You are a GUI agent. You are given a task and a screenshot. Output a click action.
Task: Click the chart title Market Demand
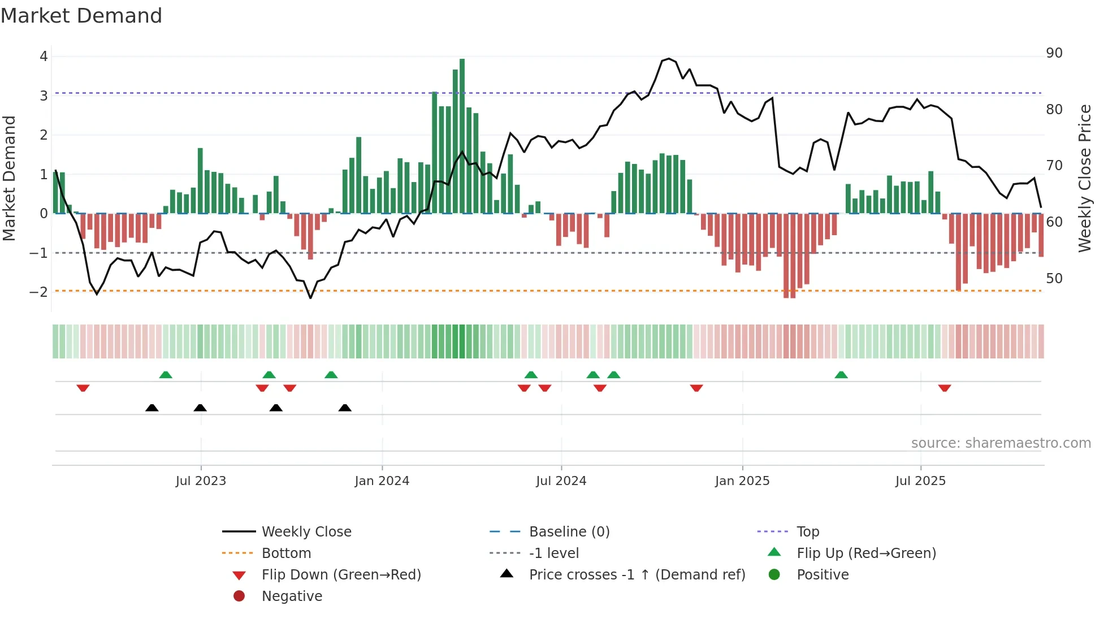pos(81,16)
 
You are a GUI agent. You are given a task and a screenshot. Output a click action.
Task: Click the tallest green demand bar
pos(462,136)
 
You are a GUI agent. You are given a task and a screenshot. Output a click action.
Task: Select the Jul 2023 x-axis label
pos(201,481)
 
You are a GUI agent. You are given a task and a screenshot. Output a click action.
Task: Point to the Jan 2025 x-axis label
pos(742,481)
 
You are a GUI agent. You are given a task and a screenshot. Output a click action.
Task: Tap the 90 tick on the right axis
pos(1054,53)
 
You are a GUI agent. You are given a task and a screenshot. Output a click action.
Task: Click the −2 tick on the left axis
pos(38,292)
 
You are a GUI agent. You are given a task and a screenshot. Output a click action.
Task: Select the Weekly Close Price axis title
pos(1084,178)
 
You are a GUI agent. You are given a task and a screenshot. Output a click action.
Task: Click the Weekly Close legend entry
pos(306,532)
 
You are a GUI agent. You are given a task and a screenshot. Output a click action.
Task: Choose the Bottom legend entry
pos(286,553)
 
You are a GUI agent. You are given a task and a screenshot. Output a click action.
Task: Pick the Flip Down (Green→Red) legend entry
pos(341,575)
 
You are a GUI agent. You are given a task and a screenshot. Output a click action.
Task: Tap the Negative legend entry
pos(292,596)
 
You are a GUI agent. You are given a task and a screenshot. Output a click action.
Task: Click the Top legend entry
pos(807,532)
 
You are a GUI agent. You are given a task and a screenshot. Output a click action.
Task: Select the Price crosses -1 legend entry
pos(637,575)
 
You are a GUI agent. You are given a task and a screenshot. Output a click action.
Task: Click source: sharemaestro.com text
pos(1001,443)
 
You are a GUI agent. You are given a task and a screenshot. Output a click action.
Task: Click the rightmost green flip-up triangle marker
pos(841,375)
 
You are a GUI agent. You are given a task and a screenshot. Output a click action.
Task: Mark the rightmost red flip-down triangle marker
pos(945,388)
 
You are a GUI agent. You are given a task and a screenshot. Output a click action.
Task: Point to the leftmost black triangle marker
pos(152,408)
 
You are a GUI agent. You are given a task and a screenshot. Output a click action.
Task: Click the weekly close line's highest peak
pos(669,59)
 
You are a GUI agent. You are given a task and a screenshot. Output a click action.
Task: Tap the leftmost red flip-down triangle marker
pos(83,388)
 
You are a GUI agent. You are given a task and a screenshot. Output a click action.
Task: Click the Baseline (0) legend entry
pos(569,532)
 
